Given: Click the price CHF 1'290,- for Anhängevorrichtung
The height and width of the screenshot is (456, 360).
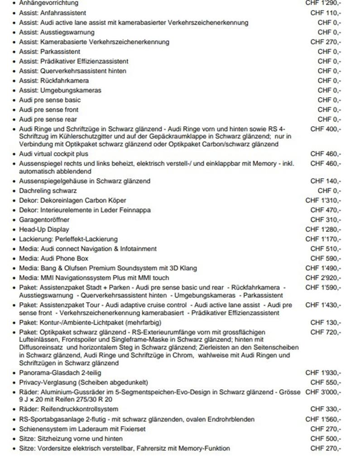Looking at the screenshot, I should [x=323, y=3].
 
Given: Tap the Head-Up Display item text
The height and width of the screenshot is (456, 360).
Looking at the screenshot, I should [x=44, y=229].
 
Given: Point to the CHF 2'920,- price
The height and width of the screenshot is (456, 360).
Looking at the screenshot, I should [x=323, y=278].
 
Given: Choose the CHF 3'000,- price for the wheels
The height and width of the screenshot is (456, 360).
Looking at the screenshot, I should [x=323, y=392].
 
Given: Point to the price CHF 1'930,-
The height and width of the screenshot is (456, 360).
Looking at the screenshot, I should [x=323, y=372].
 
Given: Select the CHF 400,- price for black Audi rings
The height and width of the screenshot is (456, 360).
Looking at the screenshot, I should [x=326, y=129].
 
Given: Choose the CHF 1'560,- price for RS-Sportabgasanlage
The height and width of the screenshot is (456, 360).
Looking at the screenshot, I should [x=323, y=419].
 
